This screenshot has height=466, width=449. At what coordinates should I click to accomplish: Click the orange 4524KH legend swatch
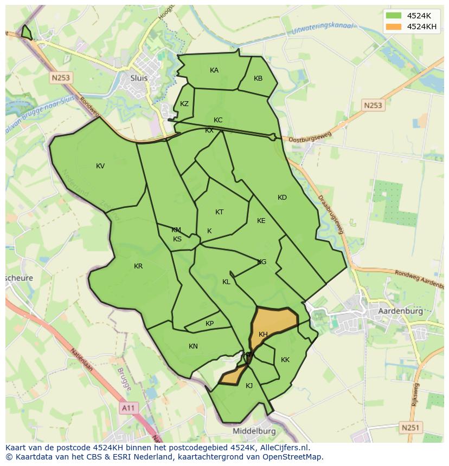[x=394, y=27]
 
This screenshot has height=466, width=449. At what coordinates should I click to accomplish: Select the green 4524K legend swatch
[x=394, y=16]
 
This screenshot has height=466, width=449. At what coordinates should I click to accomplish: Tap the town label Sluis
[x=139, y=77]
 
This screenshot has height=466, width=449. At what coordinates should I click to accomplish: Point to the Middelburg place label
[x=254, y=431]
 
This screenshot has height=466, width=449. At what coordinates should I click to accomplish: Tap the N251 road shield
[x=410, y=428]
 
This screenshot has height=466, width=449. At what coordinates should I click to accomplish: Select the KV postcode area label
[x=100, y=166]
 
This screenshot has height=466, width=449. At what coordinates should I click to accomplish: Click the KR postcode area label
[x=138, y=266]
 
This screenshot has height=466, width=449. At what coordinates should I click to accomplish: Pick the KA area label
[x=214, y=70]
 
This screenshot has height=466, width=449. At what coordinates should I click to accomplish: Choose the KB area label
[x=258, y=78]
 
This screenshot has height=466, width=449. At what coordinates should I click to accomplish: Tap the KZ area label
[x=184, y=104]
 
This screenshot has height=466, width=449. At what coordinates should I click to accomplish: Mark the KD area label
[x=282, y=198]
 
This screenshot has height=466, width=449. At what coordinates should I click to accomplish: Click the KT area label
[x=219, y=212]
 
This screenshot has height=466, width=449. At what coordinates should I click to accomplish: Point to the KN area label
[x=193, y=346]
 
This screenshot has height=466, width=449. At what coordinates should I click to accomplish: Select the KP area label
[x=210, y=324]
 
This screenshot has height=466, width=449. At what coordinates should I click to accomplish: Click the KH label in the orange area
[x=264, y=334]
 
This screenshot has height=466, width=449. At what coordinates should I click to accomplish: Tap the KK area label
[x=285, y=360]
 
